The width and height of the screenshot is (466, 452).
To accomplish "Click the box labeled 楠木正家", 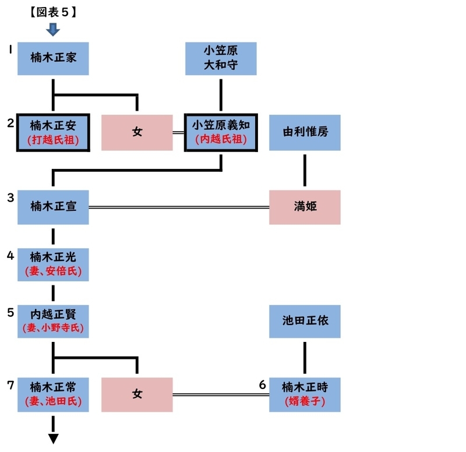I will pos(53,58).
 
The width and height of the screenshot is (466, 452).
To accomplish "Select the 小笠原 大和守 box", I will pos(221,58).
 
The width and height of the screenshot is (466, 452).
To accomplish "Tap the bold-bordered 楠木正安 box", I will pos(53,132).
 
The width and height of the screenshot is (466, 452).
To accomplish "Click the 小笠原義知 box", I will pos(221,132).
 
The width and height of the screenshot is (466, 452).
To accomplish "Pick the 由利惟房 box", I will pos(305,132).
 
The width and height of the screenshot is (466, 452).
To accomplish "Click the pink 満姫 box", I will pos(305,207).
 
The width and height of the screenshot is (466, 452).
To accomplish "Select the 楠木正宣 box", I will pos(53,207).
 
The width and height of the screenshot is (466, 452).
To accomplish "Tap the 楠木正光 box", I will pos(53,263).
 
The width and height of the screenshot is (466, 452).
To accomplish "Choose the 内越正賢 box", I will pos(53,321).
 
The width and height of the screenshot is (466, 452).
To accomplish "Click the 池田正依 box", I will pos(305,321).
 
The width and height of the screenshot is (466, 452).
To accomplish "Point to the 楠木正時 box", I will pos(305,394).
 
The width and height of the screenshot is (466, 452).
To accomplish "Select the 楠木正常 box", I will pos(53,394).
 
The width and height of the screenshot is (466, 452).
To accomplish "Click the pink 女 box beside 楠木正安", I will pos(137,132).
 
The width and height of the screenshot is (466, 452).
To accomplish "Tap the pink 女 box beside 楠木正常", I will pos(137,394).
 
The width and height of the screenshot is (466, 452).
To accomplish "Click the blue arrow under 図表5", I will pos(53,29).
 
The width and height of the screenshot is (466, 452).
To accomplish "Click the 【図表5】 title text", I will pos(53,12).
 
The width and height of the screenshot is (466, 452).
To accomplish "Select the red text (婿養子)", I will pos(305,401).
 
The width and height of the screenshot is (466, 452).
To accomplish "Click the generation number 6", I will pos(262,384).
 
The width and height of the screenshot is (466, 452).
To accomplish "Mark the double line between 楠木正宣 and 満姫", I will pos(178,207).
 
